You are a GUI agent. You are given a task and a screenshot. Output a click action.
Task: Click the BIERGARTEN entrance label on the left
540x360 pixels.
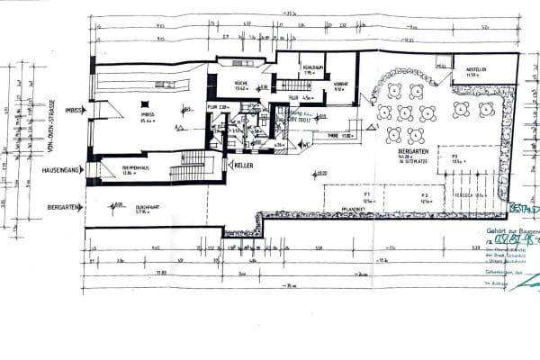pyautogui.click(x=62, y=207)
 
